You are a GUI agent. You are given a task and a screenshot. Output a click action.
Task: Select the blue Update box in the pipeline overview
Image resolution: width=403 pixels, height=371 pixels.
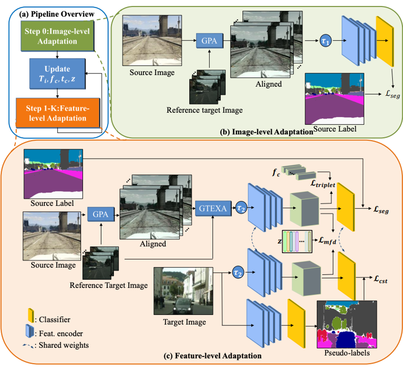click(57, 73)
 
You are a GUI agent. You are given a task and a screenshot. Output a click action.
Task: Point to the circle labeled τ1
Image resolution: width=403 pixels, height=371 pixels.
click(325, 41)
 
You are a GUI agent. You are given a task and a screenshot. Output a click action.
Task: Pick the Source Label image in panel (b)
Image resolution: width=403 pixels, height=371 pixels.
click(334, 98)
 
